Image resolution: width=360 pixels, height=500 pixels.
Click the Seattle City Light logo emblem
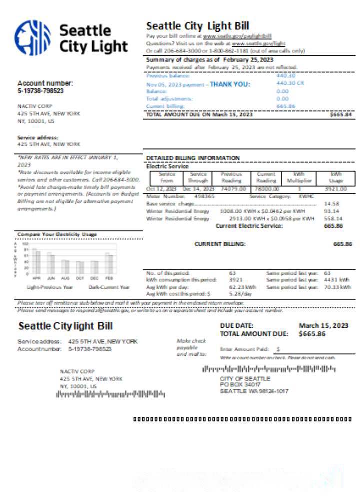click(x=32, y=38)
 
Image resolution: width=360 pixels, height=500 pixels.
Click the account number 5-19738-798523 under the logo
click(x=41, y=91)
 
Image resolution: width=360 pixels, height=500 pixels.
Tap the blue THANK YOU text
click(x=230, y=84)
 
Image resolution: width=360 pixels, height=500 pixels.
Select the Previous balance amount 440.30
click(x=286, y=76)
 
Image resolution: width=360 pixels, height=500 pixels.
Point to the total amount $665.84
click(x=341, y=114)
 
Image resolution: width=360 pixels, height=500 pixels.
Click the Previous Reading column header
click(x=231, y=177)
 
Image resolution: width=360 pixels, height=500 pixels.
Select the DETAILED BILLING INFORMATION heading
click(x=193, y=158)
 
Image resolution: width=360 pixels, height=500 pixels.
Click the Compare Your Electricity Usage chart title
click(x=57, y=234)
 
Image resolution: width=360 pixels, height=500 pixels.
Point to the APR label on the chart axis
click(x=36, y=277)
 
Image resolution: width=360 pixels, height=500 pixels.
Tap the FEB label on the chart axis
click(x=109, y=277)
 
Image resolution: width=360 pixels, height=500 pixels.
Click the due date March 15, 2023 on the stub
click(x=323, y=325)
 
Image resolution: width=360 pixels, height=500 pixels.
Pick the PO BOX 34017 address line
click(x=240, y=385)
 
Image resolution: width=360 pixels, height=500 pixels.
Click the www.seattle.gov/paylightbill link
click(x=237, y=36)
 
